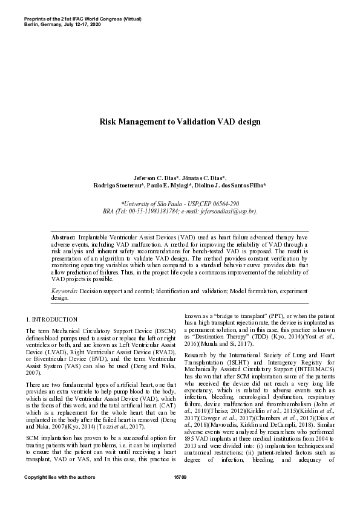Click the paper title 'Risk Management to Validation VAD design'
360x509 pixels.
click(x=180, y=122)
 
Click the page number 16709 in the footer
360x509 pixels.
click(x=180, y=494)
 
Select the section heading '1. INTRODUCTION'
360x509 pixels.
click(x=51, y=319)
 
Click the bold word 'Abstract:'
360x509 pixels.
click(x=64, y=238)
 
